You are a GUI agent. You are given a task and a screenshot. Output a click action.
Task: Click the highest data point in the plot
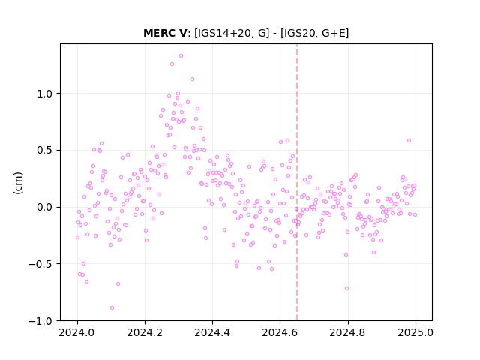[x=181, y=56]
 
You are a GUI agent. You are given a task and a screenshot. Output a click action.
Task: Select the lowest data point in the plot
[x=112, y=307]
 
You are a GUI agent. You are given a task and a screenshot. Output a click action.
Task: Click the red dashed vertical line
[x=297, y=182]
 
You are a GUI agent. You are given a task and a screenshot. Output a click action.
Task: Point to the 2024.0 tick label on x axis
[x=77, y=332]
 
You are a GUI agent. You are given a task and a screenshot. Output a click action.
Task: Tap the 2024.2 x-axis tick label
[x=145, y=332]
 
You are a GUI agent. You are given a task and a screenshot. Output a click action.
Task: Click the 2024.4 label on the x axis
[x=212, y=332]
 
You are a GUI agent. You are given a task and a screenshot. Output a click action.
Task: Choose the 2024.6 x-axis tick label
[x=280, y=332]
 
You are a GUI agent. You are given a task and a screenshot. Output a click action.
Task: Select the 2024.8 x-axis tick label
[x=348, y=332]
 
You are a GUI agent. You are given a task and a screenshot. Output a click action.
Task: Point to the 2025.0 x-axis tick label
[x=415, y=332]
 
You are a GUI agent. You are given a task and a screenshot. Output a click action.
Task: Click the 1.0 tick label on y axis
[x=45, y=94]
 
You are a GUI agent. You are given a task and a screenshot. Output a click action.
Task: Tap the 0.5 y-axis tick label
[x=45, y=151]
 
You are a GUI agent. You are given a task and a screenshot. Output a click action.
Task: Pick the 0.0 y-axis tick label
[x=45, y=207]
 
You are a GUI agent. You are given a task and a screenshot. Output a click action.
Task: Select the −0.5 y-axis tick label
[x=40, y=264]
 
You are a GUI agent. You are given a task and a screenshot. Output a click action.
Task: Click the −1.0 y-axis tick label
[x=40, y=321]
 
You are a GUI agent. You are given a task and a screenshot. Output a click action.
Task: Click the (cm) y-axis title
[x=18, y=183]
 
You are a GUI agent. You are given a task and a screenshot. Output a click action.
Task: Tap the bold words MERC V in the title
[x=165, y=33]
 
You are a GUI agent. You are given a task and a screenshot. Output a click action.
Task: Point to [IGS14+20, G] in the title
[x=232, y=33]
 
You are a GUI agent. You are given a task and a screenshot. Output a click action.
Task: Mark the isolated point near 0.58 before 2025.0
[x=409, y=141]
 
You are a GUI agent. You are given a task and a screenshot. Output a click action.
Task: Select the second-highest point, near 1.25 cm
[x=172, y=64]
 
